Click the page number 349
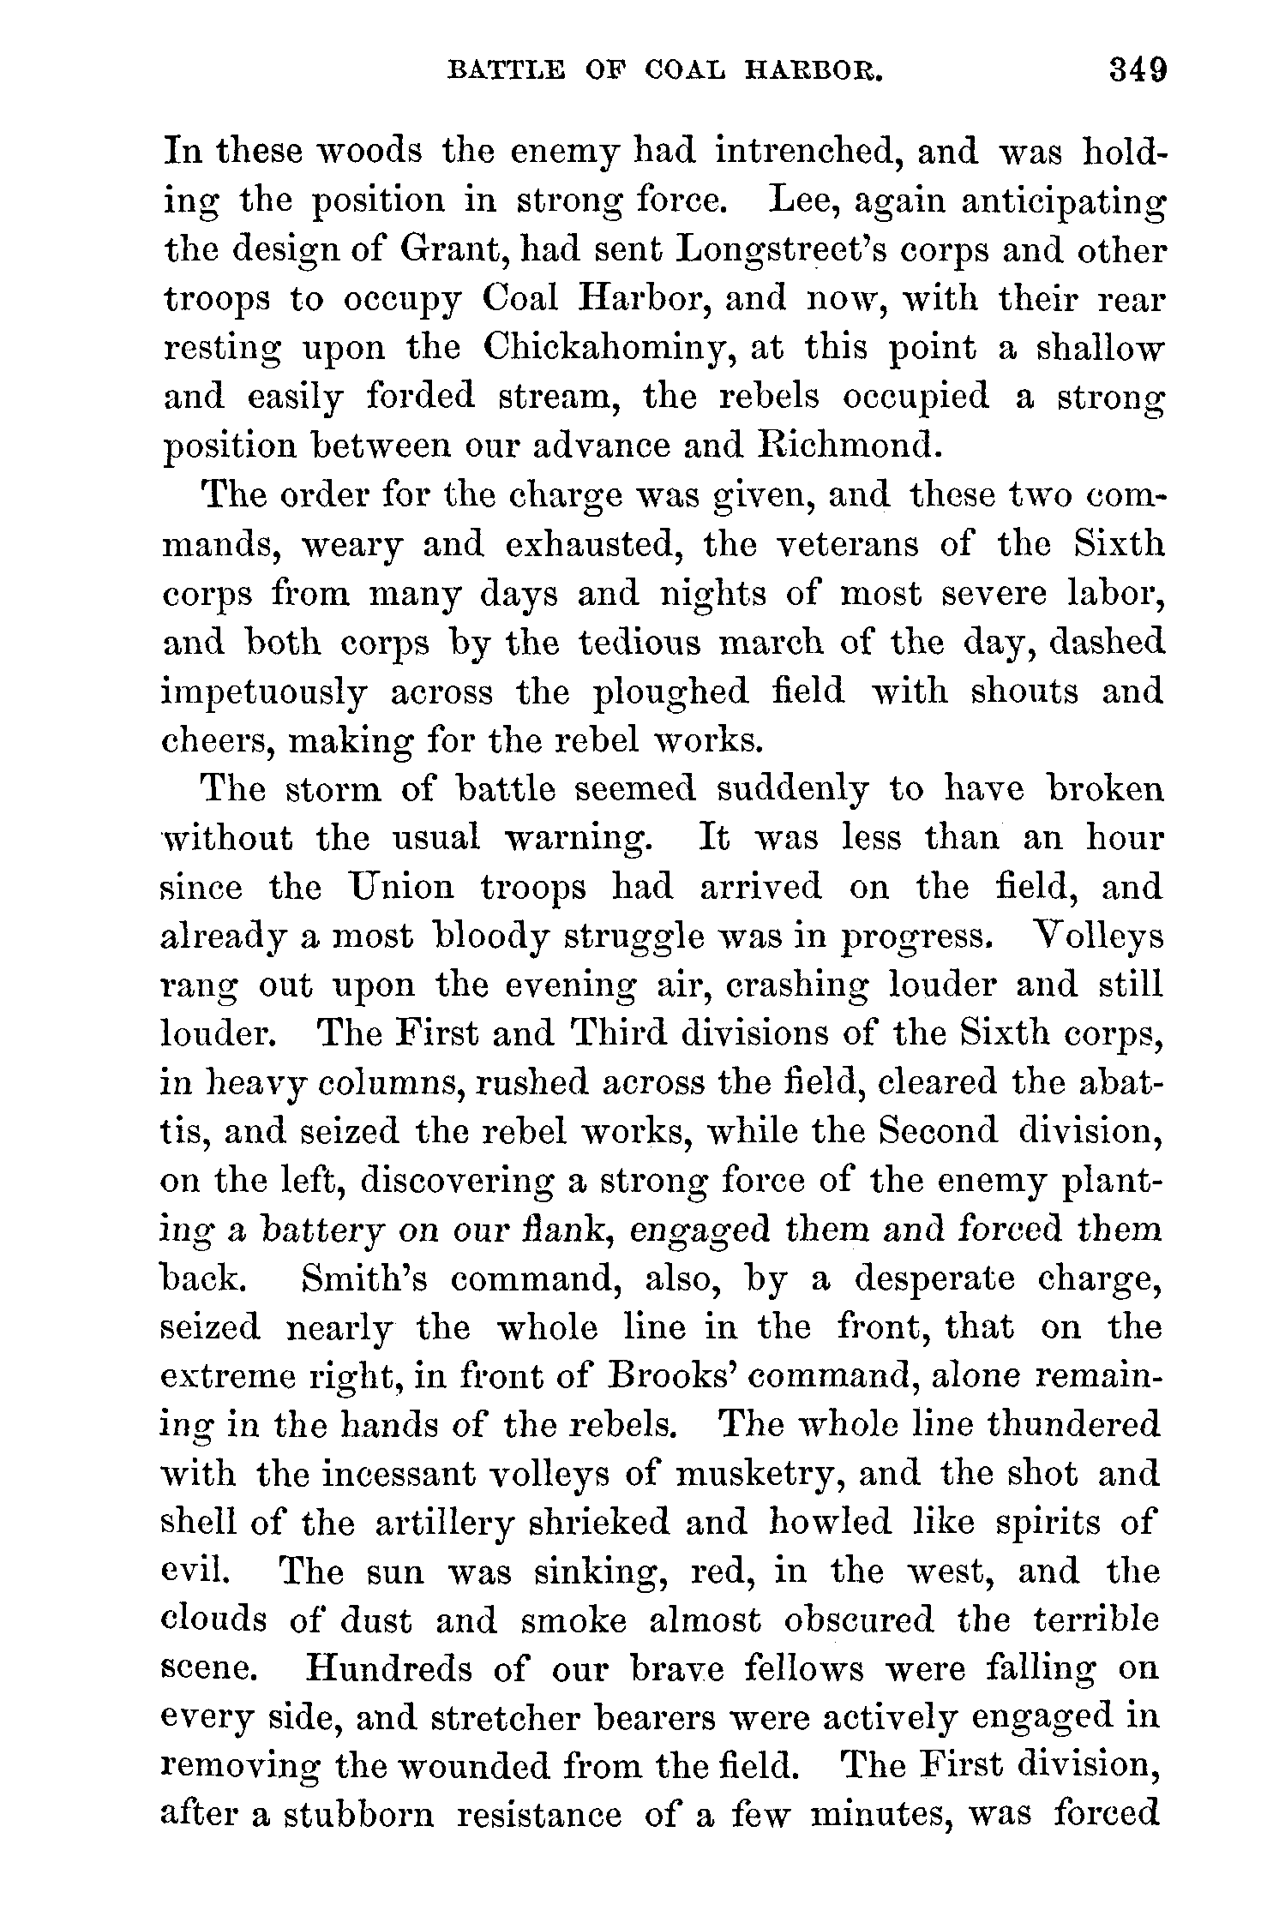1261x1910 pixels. [x=1138, y=69]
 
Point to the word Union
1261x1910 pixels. [x=399, y=887]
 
